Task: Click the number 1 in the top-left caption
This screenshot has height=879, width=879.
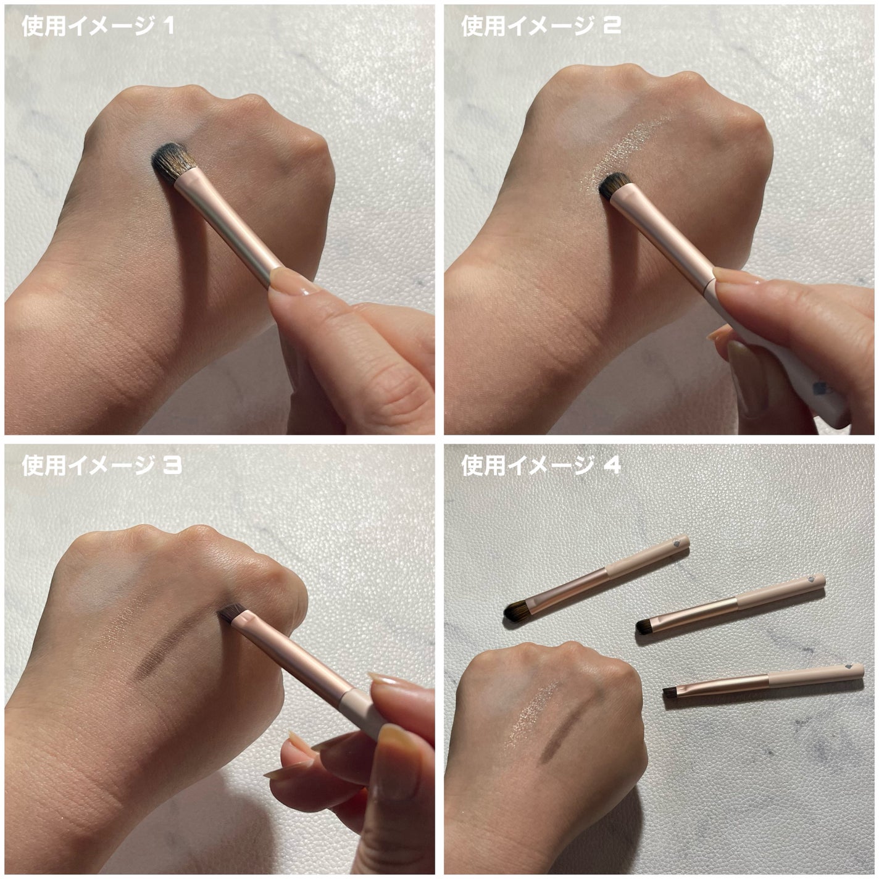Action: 167,27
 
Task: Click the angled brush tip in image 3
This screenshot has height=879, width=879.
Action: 230,613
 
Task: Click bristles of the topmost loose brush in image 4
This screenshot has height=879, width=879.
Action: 516,610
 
